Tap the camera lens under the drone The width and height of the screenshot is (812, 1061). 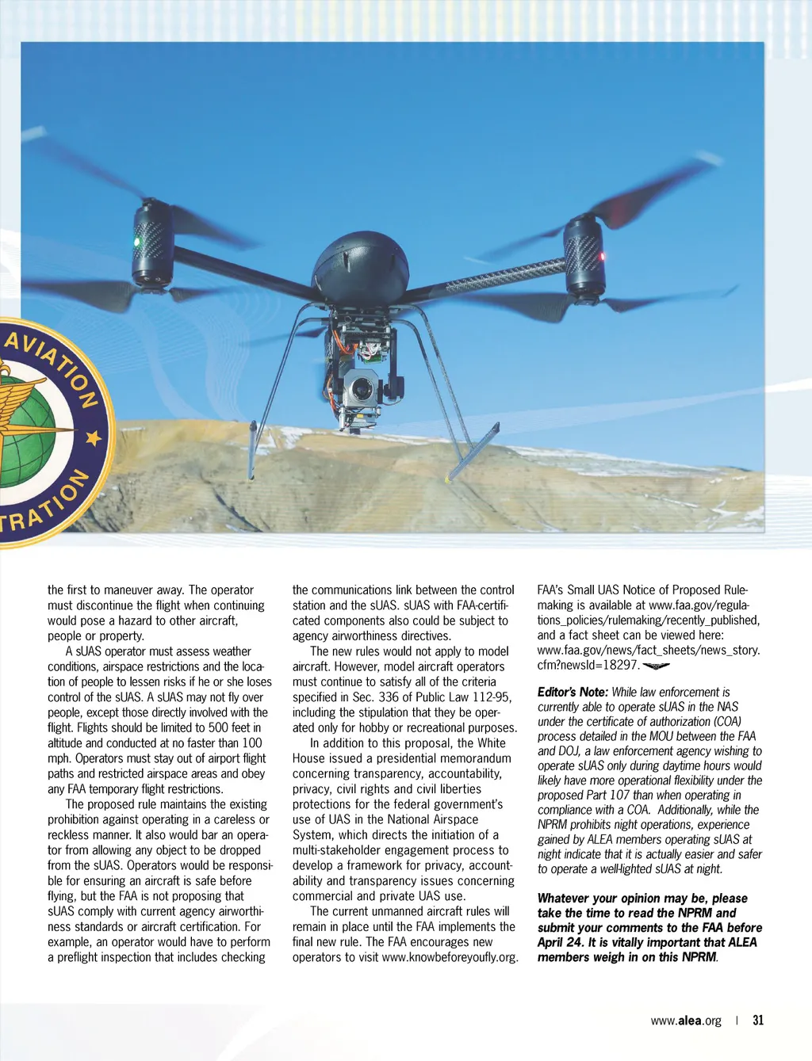click(x=362, y=389)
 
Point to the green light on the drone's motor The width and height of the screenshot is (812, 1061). click(x=136, y=241)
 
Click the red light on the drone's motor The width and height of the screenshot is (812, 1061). click(x=602, y=256)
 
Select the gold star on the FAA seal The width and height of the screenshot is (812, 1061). click(x=94, y=437)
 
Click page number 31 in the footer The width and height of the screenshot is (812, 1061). click(x=758, y=1020)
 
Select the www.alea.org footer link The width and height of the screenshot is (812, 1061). click(x=686, y=1021)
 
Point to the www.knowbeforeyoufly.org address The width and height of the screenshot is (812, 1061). click(x=450, y=957)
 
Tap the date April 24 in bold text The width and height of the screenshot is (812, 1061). click(x=560, y=942)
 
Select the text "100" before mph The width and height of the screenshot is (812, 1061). click(x=251, y=742)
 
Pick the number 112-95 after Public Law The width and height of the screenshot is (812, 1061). click(x=492, y=697)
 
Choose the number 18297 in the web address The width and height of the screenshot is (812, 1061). click(x=621, y=665)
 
